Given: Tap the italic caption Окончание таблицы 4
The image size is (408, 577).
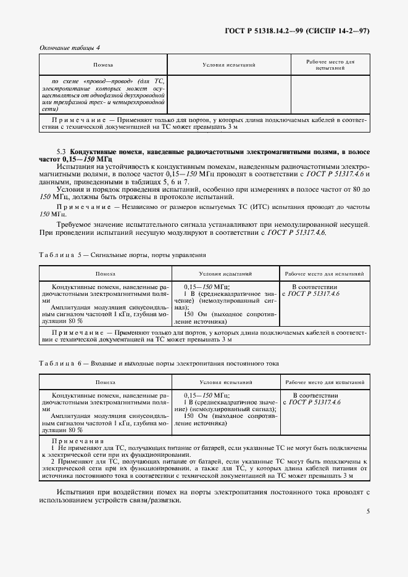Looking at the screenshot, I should coord(69,47).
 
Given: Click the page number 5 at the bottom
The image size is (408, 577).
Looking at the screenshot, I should coord(368,511).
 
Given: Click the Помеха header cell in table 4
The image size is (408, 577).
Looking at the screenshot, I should coord(103,65).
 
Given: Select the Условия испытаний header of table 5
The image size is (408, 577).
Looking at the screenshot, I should coord(225,273).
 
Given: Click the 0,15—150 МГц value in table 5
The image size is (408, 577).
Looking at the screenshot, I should coord(207,287).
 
